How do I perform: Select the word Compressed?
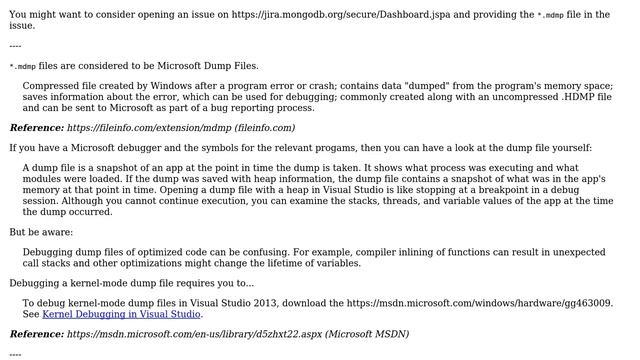coord(56,86)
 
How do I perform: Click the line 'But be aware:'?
coord(45,232)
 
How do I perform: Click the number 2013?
coord(276,302)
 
